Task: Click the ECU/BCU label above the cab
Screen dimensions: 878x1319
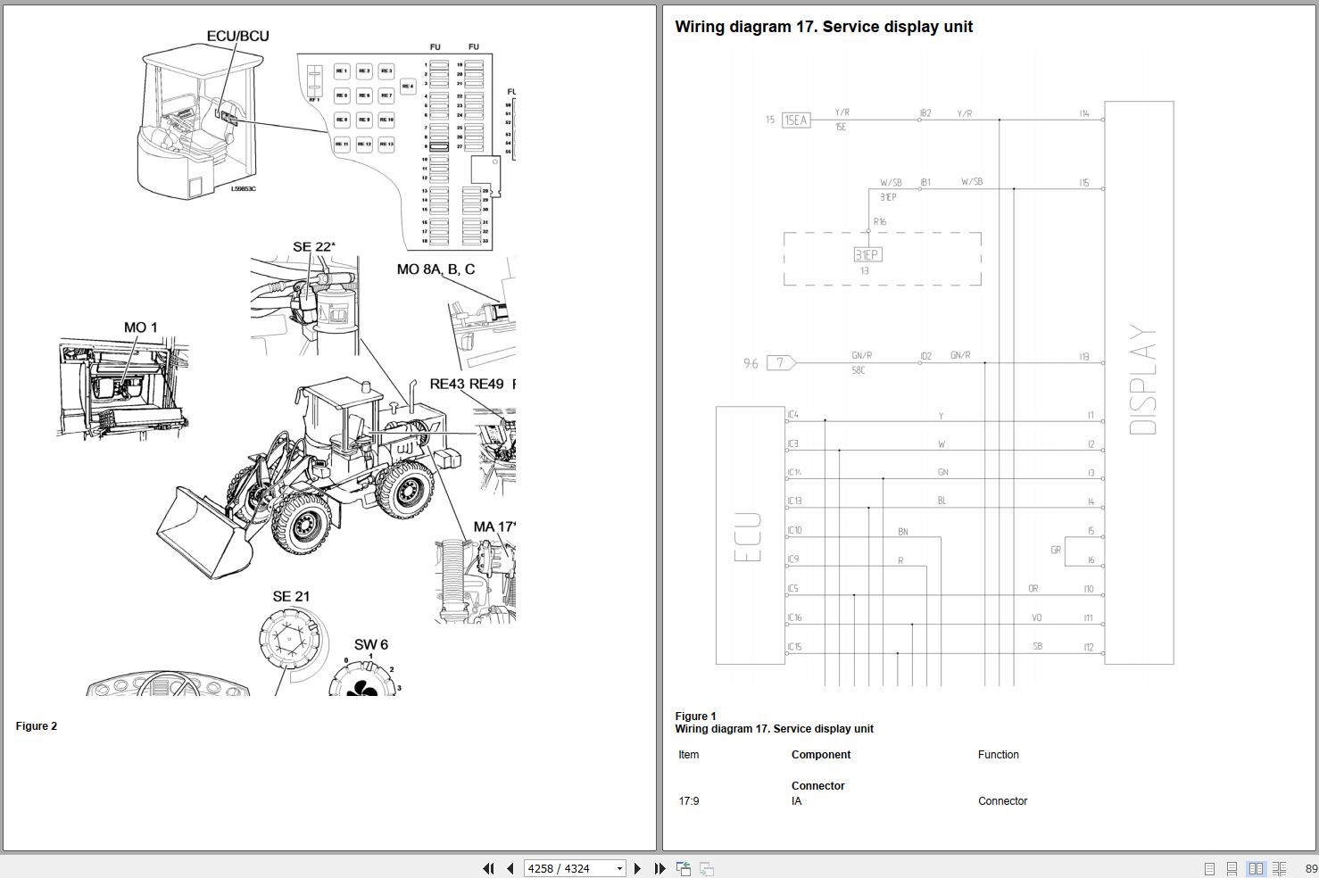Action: (237, 36)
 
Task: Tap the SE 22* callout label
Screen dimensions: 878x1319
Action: (314, 247)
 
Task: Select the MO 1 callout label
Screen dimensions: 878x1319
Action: (140, 327)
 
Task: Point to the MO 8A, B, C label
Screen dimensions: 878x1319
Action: (436, 269)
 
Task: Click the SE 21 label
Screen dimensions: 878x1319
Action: (291, 596)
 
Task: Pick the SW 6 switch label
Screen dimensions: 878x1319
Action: (371, 644)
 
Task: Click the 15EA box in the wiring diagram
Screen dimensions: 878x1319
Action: (795, 120)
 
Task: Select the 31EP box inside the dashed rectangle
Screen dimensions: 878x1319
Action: (867, 254)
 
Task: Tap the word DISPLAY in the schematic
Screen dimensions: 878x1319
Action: (1143, 380)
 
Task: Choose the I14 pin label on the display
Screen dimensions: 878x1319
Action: (1083, 113)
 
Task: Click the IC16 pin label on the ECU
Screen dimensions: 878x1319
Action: (794, 617)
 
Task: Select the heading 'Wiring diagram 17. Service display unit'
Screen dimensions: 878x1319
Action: (824, 27)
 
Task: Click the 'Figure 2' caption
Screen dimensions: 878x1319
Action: (37, 726)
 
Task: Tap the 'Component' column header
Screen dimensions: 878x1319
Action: (821, 755)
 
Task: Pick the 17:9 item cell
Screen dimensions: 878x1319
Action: (689, 801)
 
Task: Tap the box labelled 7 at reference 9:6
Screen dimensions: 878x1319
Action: (781, 363)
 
